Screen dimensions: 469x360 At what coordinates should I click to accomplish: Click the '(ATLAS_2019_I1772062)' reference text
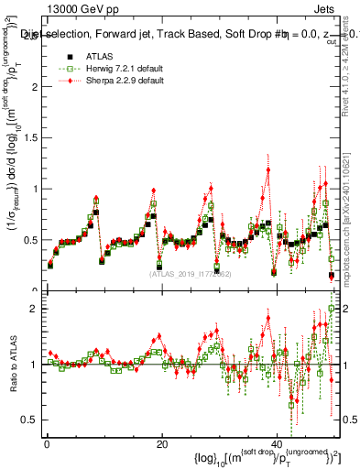(190, 273)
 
